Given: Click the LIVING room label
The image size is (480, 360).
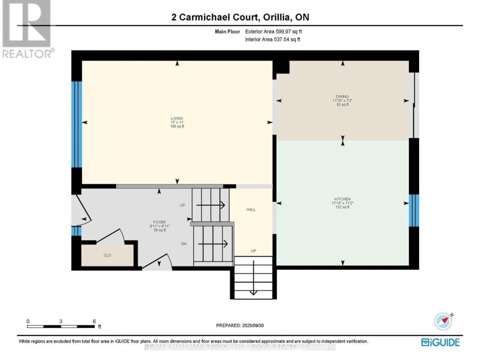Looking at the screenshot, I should click(x=177, y=118).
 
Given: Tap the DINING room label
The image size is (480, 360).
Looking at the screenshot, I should click(x=342, y=96).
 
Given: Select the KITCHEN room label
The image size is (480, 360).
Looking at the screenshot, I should click(x=342, y=199).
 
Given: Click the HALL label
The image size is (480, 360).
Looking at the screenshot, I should click(x=251, y=209).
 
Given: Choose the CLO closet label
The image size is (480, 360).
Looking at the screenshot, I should click(x=107, y=256).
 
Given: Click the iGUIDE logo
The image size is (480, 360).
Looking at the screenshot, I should click(x=440, y=342).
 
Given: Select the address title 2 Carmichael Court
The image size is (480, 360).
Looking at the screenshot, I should click(x=240, y=17).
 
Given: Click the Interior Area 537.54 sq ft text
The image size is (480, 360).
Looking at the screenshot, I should click(x=272, y=40).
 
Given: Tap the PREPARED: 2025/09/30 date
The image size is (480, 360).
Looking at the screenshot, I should click(x=240, y=325).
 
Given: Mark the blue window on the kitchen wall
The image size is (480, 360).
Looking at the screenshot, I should click(x=414, y=210).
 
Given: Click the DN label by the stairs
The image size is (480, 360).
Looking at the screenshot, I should click(x=183, y=244).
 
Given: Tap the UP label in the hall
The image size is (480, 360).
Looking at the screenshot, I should click(x=253, y=251).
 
